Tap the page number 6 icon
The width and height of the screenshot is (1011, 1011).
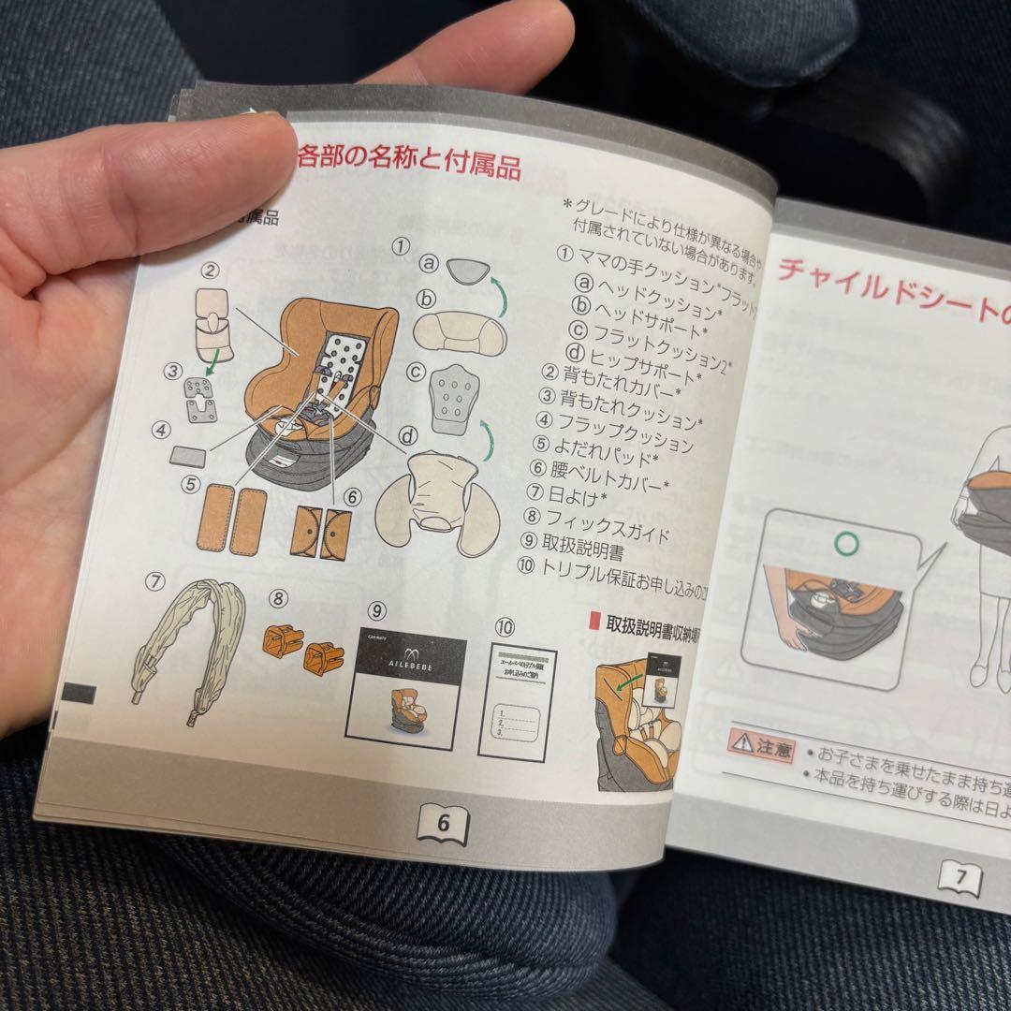tap(443, 823)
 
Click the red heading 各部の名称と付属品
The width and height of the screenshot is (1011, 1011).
tap(409, 160)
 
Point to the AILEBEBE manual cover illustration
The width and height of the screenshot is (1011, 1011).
tap(405, 691)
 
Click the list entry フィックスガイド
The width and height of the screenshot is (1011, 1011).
tap(608, 526)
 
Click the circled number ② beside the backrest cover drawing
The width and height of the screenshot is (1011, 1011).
tap(211, 271)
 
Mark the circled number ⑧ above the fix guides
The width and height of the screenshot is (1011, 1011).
tap(278, 597)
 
